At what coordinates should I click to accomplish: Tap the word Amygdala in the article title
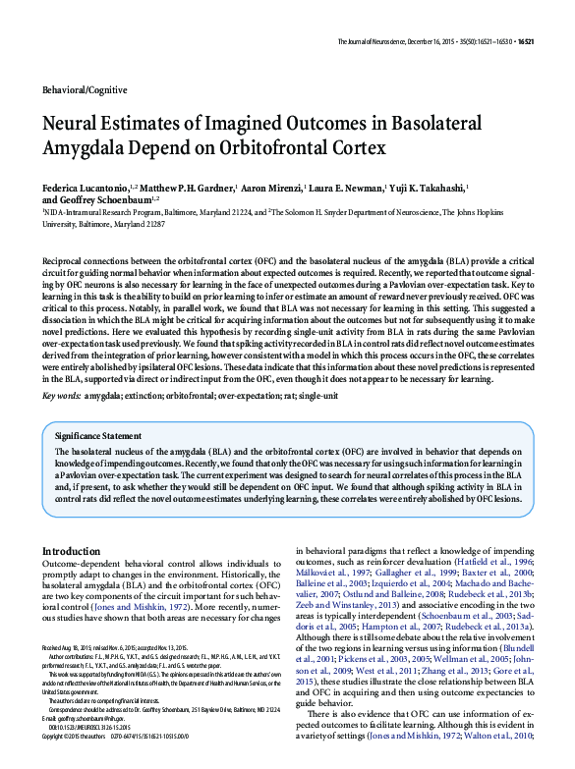point(91,151)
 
